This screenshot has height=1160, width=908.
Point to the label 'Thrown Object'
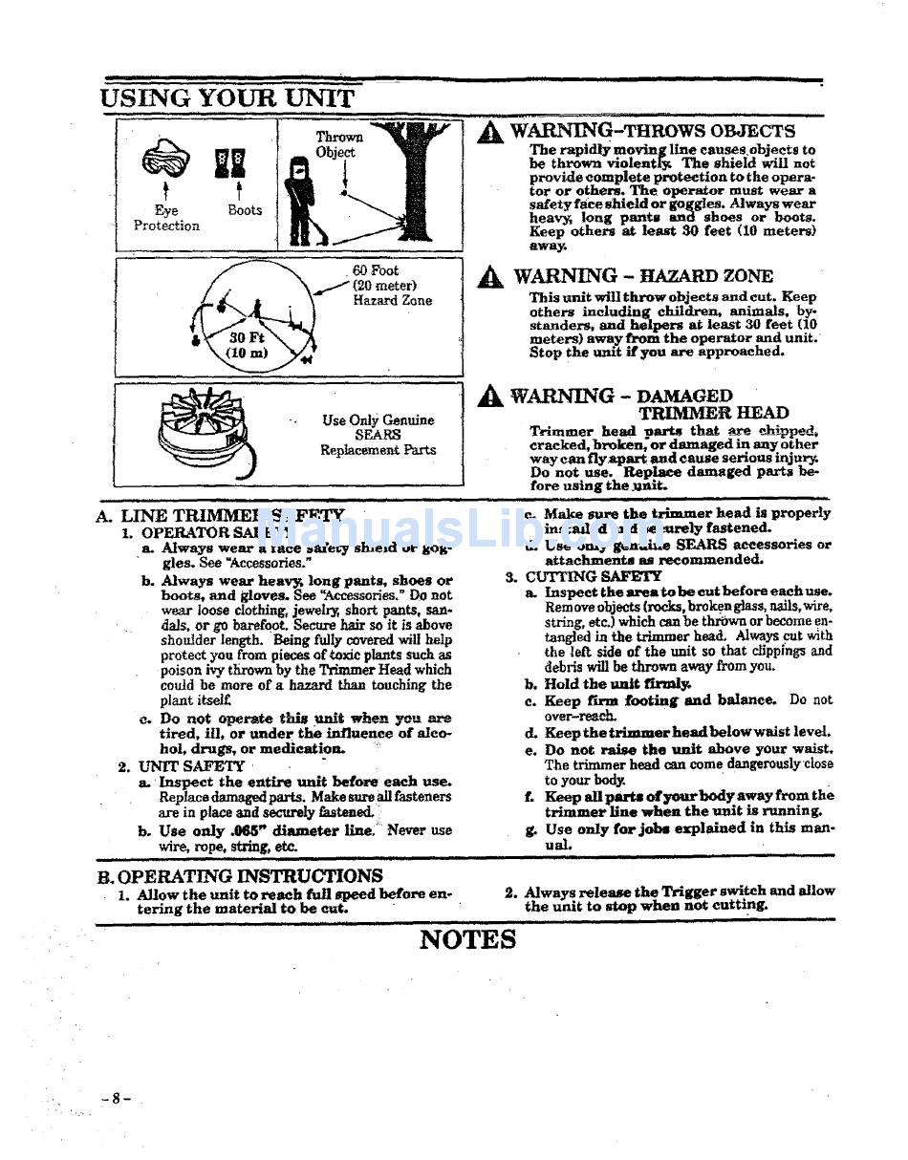(x=338, y=144)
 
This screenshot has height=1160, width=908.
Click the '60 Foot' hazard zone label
(x=376, y=271)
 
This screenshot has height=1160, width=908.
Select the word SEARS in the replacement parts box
(x=378, y=435)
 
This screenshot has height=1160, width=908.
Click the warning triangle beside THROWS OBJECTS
(x=490, y=133)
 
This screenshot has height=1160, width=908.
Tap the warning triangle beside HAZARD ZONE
(x=490, y=278)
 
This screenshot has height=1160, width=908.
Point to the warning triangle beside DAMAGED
(x=490, y=397)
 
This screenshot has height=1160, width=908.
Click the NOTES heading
(x=467, y=939)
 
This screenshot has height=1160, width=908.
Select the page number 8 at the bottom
(x=116, y=1099)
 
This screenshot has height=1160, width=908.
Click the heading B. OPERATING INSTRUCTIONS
(x=240, y=875)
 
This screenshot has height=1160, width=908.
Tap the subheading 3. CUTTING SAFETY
(x=584, y=576)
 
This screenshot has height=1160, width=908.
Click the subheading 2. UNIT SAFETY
(x=183, y=765)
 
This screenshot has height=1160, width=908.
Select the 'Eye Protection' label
(x=166, y=218)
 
